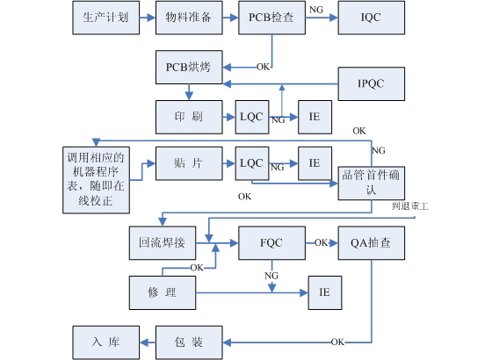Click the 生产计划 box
click(105, 18)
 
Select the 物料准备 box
click(188, 18)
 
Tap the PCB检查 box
click(271, 18)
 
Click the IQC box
click(372, 18)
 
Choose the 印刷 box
click(188, 116)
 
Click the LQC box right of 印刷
click(251, 116)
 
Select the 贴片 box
click(188, 162)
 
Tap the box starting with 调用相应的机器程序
click(97, 179)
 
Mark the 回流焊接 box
click(162, 242)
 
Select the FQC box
click(271, 242)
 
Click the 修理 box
click(162, 291)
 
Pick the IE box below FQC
click(323, 291)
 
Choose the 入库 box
click(105, 341)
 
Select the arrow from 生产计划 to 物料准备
click(146, 18)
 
